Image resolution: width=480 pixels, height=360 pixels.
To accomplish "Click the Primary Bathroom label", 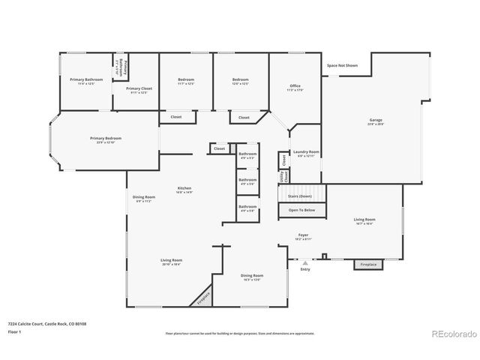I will [x=86, y=80].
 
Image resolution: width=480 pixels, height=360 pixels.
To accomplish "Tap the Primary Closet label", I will [x=136, y=89].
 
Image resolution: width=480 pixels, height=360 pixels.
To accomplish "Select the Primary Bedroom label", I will [x=105, y=139].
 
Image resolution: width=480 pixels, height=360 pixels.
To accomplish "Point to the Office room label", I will [x=295, y=87].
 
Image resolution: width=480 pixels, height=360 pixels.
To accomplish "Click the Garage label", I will [x=375, y=121].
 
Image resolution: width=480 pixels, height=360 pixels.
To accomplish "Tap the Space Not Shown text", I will [x=342, y=66].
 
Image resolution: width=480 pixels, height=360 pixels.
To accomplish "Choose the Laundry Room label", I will [x=306, y=152].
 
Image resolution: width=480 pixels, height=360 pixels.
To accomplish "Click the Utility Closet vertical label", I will [x=283, y=176].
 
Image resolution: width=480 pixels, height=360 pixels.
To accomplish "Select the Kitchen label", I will [x=184, y=189].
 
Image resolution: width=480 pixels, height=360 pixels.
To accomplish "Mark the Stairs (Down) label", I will [x=303, y=195].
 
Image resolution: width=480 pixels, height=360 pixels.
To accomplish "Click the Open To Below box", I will [x=302, y=211].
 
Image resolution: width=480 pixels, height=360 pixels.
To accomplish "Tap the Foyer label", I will [x=303, y=235].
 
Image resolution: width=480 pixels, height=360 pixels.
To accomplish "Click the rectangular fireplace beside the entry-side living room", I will [x=368, y=265].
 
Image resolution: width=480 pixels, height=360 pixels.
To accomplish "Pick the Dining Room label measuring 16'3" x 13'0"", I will [x=251, y=277].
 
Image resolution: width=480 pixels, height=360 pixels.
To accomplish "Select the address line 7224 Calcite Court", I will [x=46, y=323].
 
